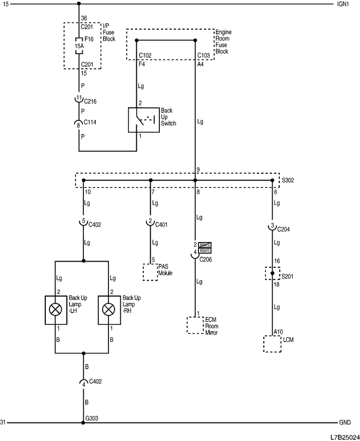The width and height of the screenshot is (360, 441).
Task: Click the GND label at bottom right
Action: click(345, 422)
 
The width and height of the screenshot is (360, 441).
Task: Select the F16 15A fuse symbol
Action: click(79, 45)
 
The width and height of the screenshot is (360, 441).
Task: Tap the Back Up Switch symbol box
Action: click(143, 120)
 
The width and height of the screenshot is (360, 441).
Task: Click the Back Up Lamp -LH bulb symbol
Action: click(55, 309)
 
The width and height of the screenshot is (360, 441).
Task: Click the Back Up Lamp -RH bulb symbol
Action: click(108, 309)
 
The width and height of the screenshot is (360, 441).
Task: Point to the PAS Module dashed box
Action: click(150, 272)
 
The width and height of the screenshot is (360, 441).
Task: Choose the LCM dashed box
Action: click(272, 344)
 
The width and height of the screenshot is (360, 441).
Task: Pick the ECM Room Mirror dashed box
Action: click(195, 325)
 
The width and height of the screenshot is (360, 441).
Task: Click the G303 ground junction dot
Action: click(83, 423)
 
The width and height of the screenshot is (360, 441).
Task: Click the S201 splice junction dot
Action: click(273, 273)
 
